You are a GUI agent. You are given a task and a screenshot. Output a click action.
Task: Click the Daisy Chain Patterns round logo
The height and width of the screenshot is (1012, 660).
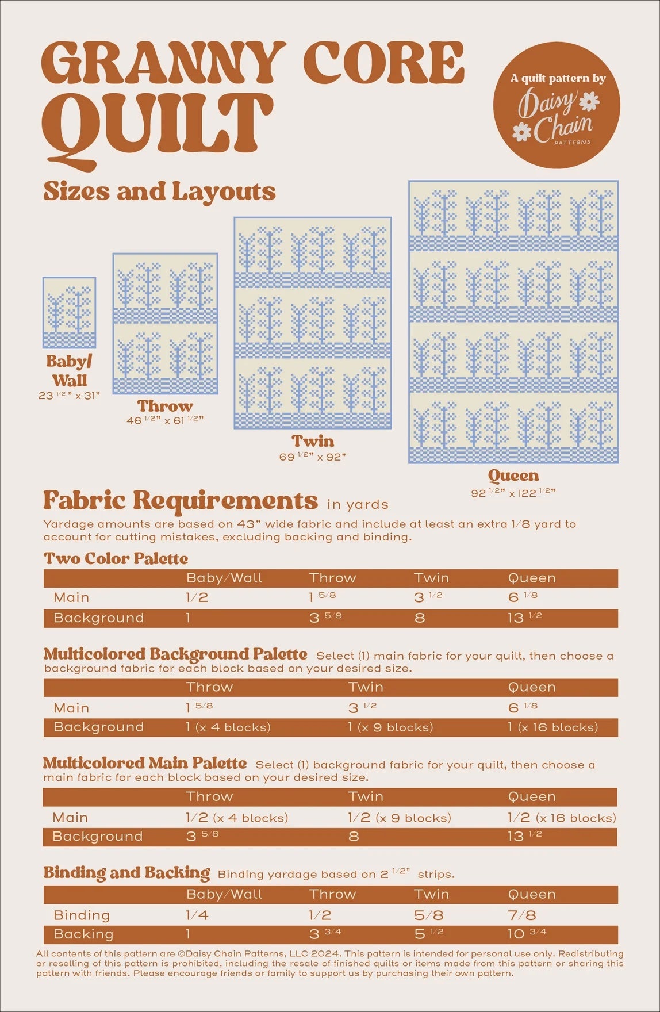pyautogui.click(x=556, y=105)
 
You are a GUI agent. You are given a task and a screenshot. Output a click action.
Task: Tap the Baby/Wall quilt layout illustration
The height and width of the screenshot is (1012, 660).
pyautogui.click(x=70, y=312)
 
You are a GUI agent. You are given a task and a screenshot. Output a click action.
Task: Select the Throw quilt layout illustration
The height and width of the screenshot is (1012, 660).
pyautogui.click(x=165, y=323)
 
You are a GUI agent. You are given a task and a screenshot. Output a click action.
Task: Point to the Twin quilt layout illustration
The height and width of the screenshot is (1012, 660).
pyautogui.click(x=313, y=323)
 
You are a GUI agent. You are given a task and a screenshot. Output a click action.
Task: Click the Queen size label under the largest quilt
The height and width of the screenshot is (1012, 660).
pyautogui.click(x=513, y=476)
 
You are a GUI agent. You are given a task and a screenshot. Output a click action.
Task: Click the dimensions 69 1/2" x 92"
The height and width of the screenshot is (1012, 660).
pyautogui.click(x=312, y=457)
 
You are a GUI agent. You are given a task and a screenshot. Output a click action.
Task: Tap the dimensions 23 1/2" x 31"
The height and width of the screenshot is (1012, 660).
pyautogui.click(x=69, y=396)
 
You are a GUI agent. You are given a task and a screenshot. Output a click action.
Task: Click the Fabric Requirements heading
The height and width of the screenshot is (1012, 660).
pyautogui.click(x=180, y=501)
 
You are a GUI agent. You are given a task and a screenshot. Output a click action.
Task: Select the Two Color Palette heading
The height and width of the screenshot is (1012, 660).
pyautogui.click(x=116, y=558)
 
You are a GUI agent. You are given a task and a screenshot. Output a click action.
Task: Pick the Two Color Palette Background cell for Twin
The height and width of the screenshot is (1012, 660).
pyautogui.click(x=420, y=618)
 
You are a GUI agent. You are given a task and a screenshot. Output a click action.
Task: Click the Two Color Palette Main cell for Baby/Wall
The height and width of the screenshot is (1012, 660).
pyautogui.click(x=197, y=597)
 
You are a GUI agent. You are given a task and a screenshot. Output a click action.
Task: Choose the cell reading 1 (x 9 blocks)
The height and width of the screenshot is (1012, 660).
pyautogui.click(x=390, y=727)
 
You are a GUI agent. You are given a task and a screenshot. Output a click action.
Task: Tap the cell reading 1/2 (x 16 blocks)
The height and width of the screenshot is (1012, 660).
pyautogui.click(x=561, y=818)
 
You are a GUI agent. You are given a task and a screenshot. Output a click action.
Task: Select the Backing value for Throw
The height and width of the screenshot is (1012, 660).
pyautogui.click(x=325, y=934)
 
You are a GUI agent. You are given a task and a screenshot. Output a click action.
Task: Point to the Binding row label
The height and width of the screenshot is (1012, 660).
pyautogui.click(x=82, y=915)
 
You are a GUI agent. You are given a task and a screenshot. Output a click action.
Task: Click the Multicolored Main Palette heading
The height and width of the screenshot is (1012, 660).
pyautogui.click(x=145, y=763)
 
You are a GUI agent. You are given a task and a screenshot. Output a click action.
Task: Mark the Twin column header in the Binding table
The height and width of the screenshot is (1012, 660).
pyautogui.click(x=431, y=894)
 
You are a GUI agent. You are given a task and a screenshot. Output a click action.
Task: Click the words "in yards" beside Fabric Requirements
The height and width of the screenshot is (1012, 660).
pyautogui.click(x=358, y=504)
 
